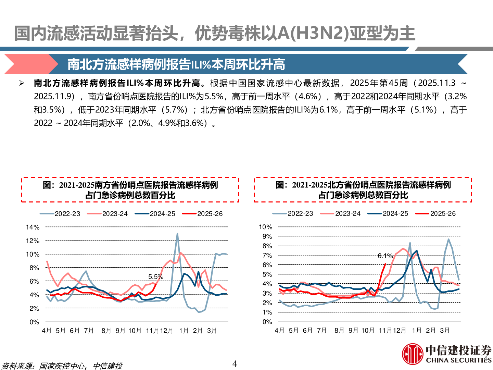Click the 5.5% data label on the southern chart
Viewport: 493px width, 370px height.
pyautogui.click(x=155, y=276)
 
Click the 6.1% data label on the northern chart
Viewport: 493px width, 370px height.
pyautogui.click(x=385, y=256)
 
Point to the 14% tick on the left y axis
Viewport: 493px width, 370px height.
pyautogui.click(x=33, y=227)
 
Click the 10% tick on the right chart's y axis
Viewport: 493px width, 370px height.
pyautogui.click(x=266, y=227)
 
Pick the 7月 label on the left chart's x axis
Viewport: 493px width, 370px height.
pyautogui.click(x=89, y=331)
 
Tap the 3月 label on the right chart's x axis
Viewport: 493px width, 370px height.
pyautogui.click(x=445, y=331)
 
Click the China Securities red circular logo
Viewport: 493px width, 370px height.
pyautogui.click(x=413, y=354)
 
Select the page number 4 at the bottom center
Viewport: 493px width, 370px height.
pyautogui.click(x=235, y=363)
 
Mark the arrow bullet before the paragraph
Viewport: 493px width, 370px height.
pyautogui.click(x=22, y=83)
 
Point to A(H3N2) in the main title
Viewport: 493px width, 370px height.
pyautogui.click(x=311, y=33)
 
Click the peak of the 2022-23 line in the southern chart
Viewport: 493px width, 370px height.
pyautogui.click(x=177, y=234)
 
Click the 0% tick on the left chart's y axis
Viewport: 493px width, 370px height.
pyautogui.click(x=34, y=322)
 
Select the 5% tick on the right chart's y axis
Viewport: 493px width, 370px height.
pyautogui.click(x=267, y=274)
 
